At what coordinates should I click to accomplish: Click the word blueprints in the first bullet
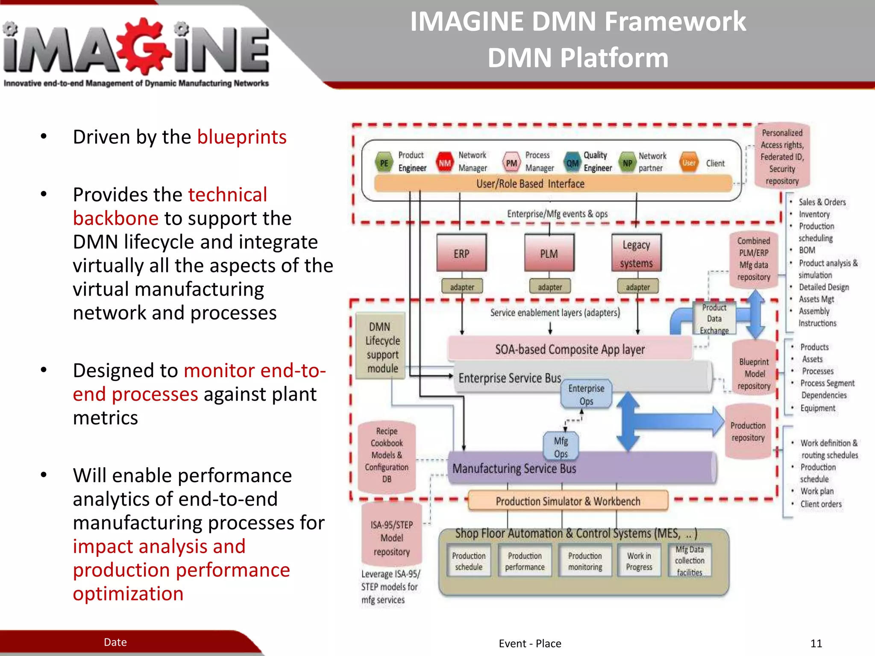click(x=241, y=137)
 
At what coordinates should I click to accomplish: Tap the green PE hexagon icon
click(x=384, y=163)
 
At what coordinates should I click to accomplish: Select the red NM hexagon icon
click(x=444, y=163)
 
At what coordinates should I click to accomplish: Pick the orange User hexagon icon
click(x=688, y=163)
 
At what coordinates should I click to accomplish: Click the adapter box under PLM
click(x=549, y=287)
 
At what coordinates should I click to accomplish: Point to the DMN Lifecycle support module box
click(x=381, y=347)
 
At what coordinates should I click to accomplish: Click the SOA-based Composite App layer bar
click(x=570, y=349)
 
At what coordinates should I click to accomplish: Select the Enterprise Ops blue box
click(x=586, y=394)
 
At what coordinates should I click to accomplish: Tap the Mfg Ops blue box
click(x=561, y=447)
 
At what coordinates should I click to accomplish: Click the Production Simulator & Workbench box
click(x=568, y=501)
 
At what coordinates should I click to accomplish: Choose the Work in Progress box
click(x=639, y=561)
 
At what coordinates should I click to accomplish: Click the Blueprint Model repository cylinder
click(x=754, y=373)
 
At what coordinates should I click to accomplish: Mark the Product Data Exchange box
click(x=714, y=319)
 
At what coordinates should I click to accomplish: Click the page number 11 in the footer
click(x=816, y=643)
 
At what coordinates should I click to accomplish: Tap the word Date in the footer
click(x=115, y=642)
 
